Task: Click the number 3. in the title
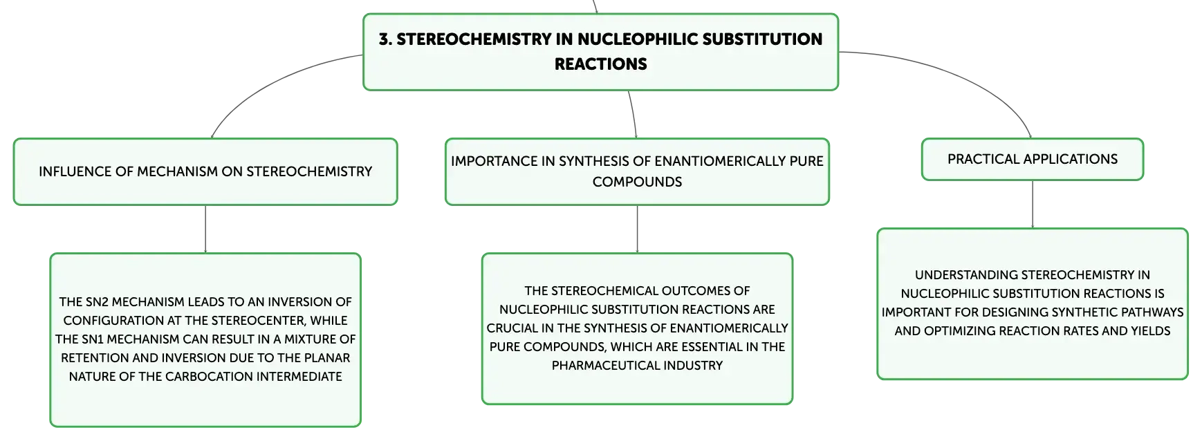pyautogui.click(x=385, y=39)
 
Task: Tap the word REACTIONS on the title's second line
pyautogui.click(x=601, y=64)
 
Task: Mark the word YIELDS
pyautogui.click(x=1151, y=331)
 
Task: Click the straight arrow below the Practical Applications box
pyautogui.click(x=1033, y=204)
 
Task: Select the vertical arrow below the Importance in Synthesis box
pyautogui.click(x=637, y=229)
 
